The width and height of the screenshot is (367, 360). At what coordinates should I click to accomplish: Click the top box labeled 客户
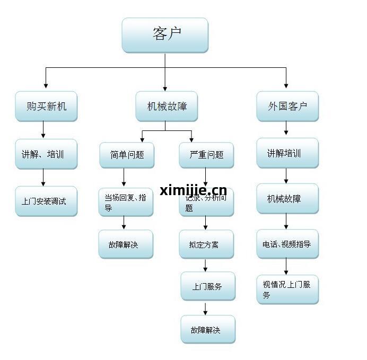(164, 35)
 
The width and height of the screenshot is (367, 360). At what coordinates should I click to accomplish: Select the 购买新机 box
(46, 106)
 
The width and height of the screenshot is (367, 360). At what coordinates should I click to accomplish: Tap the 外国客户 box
(287, 106)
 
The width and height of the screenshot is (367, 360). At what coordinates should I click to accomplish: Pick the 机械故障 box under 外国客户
(287, 199)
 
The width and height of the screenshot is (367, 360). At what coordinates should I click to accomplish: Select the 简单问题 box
(127, 155)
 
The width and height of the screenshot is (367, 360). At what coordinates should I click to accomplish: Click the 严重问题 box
(206, 155)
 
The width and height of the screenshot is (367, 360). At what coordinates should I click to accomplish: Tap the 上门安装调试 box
(46, 201)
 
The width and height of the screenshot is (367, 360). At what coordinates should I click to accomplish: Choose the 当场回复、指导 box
(126, 203)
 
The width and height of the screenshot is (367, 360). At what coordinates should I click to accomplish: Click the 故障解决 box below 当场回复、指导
(126, 244)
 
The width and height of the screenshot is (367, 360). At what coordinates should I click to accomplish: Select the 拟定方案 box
(206, 244)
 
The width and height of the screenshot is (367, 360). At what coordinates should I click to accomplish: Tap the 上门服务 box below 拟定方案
(207, 286)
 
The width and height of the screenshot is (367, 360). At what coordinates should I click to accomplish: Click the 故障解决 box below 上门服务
(207, 329)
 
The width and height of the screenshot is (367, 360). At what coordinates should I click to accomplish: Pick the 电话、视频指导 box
(287, 244)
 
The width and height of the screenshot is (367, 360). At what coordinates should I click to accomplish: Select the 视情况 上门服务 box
(287, 289)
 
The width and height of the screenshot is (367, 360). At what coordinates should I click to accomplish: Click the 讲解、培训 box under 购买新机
(46, 154)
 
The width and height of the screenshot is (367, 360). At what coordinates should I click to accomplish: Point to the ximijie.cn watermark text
(193, 190)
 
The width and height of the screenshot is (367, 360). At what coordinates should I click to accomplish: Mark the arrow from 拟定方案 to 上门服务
(206, 265)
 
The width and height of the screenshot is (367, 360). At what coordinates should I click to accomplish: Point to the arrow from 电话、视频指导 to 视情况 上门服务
(287, 266)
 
